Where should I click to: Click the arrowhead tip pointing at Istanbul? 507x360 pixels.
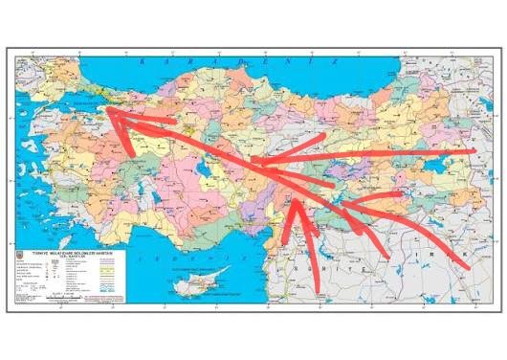coord(104,110)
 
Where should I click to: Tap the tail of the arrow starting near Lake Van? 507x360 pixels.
coord(475,151)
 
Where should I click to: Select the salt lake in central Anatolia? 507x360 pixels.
coord(202,167)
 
